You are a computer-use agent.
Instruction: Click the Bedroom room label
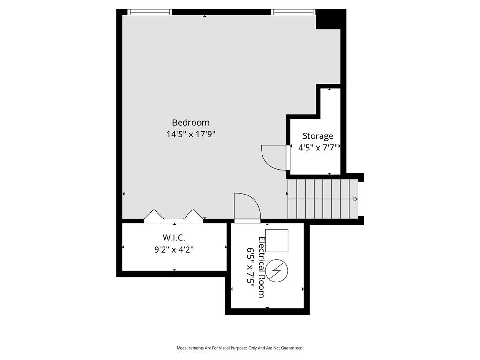click(x=191, y=122)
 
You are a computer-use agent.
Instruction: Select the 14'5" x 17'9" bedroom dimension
click(x=191, y=135)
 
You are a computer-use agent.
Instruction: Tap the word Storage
click(x=318, y=136)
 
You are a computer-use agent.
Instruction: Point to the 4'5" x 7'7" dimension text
click(x=318, y=148)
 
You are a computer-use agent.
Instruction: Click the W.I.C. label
click(x=173, y=238)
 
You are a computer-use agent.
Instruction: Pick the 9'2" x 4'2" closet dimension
click(x=173, y=249)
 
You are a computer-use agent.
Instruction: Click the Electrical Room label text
click(x=262, y=267)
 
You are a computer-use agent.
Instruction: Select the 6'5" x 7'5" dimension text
click(x=250, y=268)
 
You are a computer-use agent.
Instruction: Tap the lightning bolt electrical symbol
click(x=277, y=270)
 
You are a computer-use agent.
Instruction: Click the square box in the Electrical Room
click(x=277, y=240)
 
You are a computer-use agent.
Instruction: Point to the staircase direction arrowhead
click(x=355, y=199)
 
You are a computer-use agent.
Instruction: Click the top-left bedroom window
click(x=150, y=12)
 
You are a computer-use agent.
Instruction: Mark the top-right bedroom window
click(x=293, y=12)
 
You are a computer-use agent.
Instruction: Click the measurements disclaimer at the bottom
click(x=240, y=348)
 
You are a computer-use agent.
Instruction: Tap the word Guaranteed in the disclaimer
click(x=293, y=348)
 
